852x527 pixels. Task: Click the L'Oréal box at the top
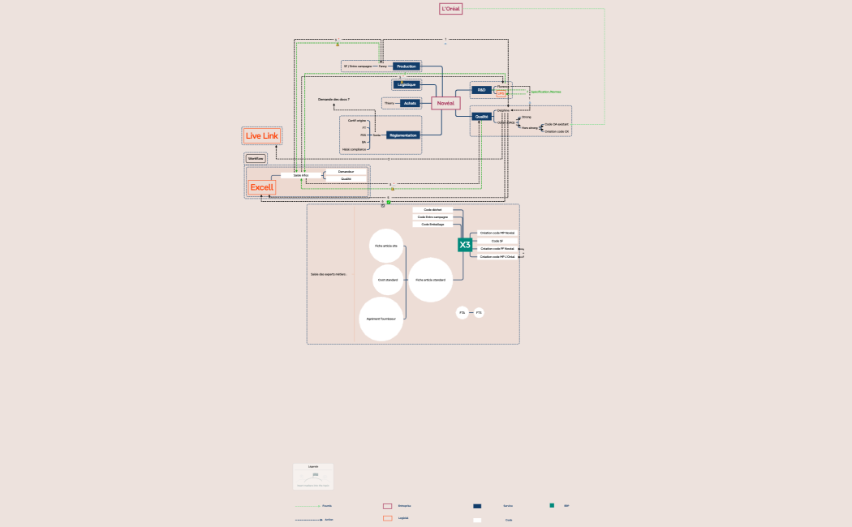[450, 9]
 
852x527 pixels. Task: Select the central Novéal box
[445, 103]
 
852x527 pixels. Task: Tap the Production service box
[407, 66]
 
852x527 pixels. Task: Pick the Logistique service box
[407, 84]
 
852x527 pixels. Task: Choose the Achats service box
[409, 103]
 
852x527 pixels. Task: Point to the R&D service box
[481, 89]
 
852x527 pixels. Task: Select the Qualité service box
[482, 117]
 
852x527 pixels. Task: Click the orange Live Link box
[262, 135]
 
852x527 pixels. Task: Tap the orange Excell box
[262, 187]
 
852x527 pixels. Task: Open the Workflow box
[256, 158]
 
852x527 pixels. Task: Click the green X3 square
[465, 245]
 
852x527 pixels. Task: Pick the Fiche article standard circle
[431, 280]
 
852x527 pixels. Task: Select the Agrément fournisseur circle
[381, 319]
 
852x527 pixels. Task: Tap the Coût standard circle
[387, 280]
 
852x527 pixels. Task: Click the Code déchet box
[432, 209]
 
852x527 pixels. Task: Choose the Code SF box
[497, 241]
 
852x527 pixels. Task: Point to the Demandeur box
[346, 172]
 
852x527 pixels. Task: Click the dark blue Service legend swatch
[477, 506]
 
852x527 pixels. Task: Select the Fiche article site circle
[386, 245]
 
